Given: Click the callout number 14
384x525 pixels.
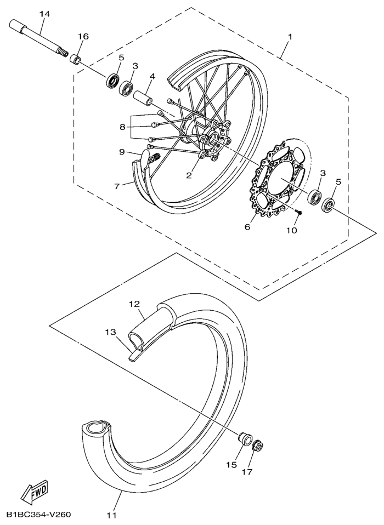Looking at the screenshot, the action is click(x=44, y=14).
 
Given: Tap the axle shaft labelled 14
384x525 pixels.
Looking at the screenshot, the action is click(x=38, y=38).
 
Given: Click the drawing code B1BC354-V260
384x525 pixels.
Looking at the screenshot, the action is click(x=38, y=514).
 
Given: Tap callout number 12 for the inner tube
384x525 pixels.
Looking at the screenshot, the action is click(x=135, y=304).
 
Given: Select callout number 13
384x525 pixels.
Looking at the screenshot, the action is click(x=110, y=332).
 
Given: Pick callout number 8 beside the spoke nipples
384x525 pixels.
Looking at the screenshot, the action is click(x=123, y=127).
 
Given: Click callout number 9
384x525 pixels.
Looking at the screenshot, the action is click(x=122, y=152).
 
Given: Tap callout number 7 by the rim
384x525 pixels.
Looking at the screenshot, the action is click(x=117, y=186).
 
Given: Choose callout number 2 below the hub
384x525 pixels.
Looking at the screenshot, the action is click(x=189, y=176).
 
